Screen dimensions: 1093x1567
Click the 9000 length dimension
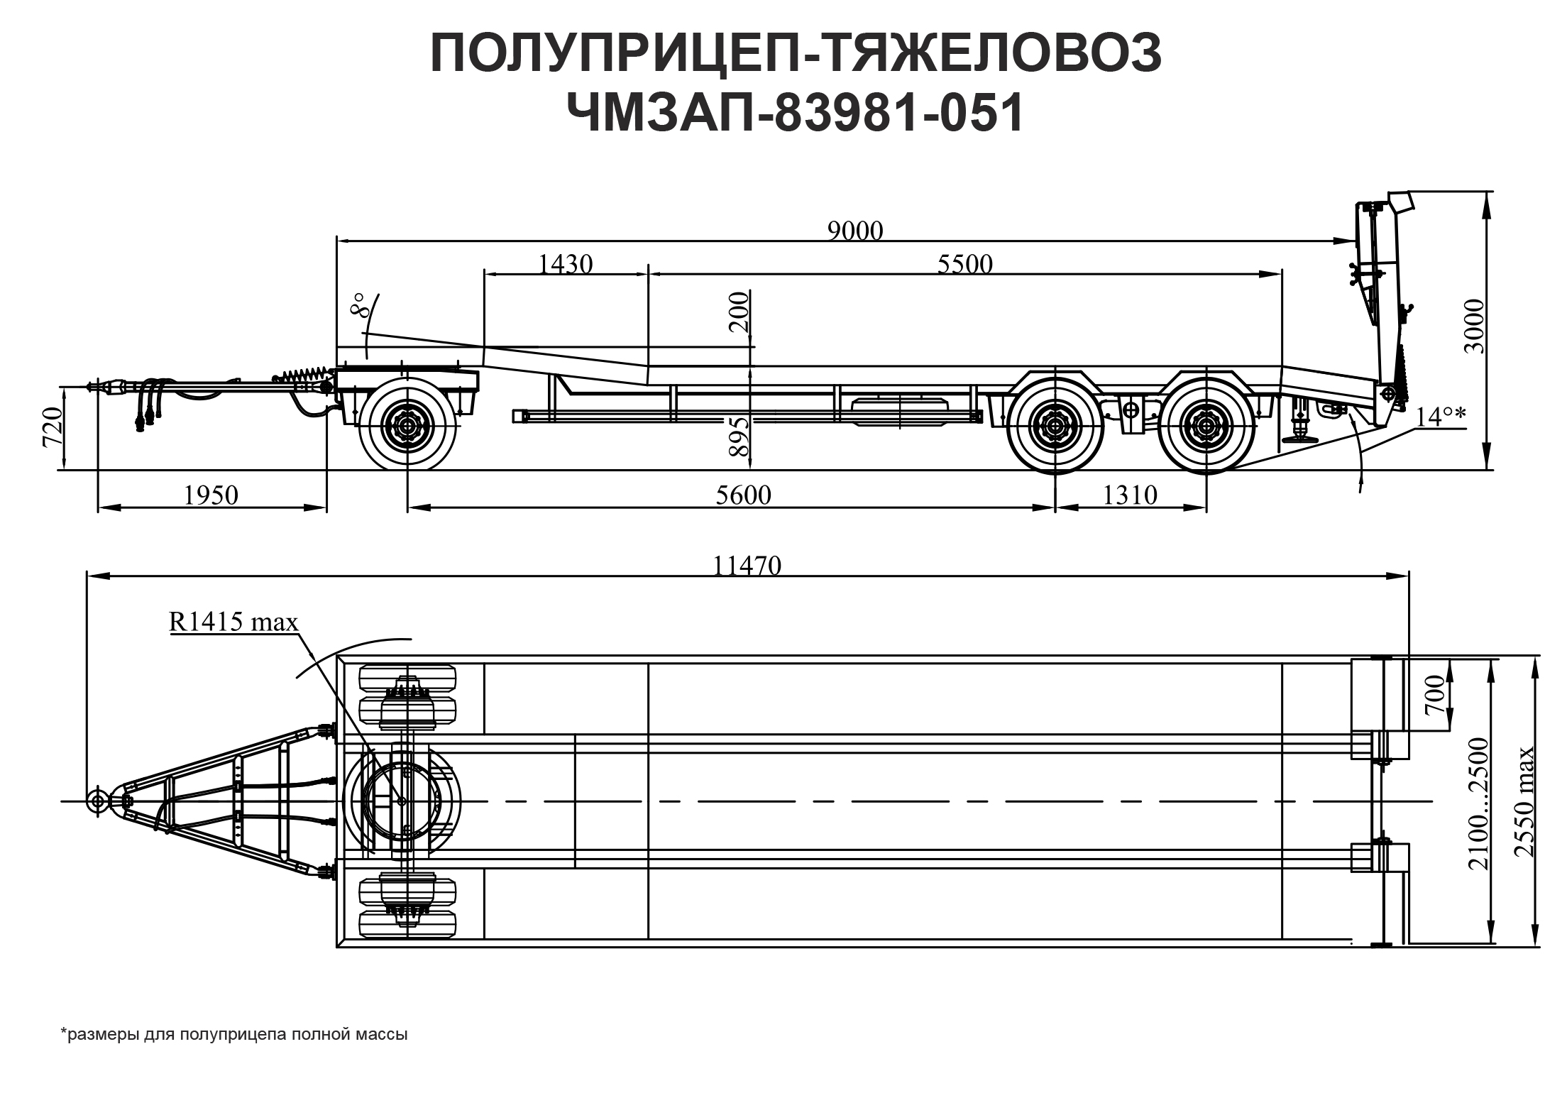[x=855, y=231]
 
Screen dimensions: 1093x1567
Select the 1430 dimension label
[x=565, y=264]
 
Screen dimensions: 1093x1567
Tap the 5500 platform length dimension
[x=964, y=264]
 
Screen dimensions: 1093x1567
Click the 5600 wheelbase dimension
[x=743, y=495]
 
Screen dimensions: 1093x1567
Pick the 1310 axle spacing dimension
[x=1130, y=495]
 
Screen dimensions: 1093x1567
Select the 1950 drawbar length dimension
[x=211, y=495]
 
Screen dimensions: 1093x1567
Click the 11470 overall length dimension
[x=747, y=566]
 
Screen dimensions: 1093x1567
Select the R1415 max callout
[x=233, y=622]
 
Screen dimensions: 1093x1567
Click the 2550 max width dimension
[x=1525, y=802]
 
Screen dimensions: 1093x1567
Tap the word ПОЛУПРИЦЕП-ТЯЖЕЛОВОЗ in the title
[x=796, y=54]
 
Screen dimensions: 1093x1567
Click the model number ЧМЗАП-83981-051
[x=796, y=113]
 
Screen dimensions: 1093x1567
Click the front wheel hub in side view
[x=407, y=427]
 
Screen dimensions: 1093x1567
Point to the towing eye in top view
[x=98, y=801]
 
